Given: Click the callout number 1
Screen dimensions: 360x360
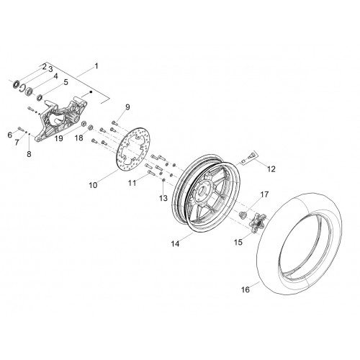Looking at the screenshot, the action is pos(96,66).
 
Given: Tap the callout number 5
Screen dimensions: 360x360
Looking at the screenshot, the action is pos(66,82).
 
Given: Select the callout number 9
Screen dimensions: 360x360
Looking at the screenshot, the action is pos(127,107).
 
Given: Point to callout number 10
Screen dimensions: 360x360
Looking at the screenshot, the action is pos(93,185).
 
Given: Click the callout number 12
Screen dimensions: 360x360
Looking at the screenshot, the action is pos(271,169).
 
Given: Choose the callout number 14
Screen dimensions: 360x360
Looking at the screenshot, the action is pos(175,244).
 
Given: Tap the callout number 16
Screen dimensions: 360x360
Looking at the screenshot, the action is pos(246,289).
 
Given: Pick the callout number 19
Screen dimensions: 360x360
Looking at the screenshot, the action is pos(59,138).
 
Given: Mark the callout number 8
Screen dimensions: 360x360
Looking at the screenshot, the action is pos(29,154).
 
